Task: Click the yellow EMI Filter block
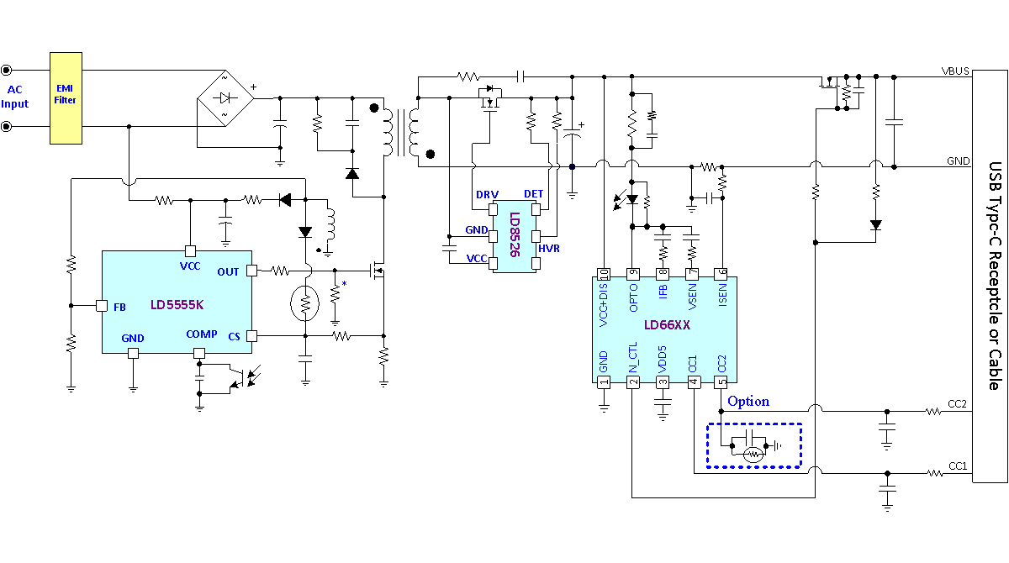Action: [x=66, y=98]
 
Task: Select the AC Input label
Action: [x=15, y=97]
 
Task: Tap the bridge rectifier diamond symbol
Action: [x=225, y=98]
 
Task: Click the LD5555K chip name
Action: [x=177, y=305]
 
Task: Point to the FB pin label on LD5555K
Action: [x=119, y=307]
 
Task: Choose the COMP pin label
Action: [x=201, y=334]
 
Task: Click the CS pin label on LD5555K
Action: [x=234, y=337]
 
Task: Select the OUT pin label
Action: [x=228, y=271]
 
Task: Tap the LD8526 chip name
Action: [x=515, y=234]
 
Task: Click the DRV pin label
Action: [x=487, y=194]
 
